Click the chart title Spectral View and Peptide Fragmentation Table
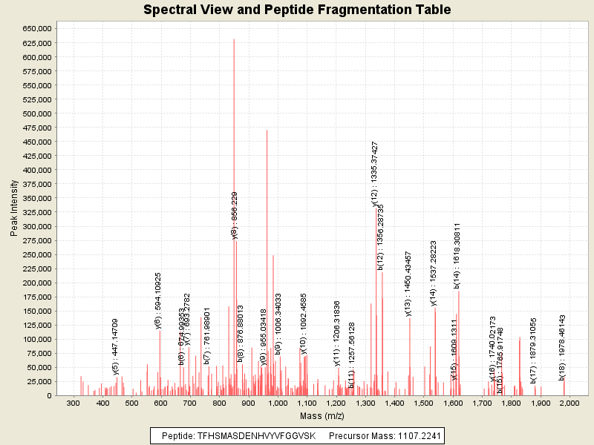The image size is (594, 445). point(297,10)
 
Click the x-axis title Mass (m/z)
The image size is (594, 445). point(322,418)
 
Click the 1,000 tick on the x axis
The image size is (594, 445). point(278,403)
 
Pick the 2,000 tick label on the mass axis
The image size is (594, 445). point(570,403)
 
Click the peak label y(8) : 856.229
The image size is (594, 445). point(235,215)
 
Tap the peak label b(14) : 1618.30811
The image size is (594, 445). point(458,254)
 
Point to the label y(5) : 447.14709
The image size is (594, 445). point(116,346)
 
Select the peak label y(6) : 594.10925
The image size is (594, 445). point(158,300)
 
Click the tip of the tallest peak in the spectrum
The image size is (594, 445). point(234,39)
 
